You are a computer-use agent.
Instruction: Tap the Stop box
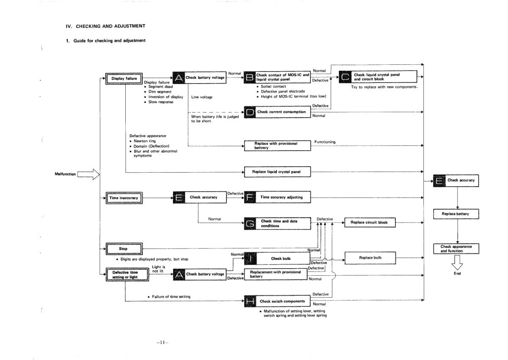pyautogui.click(x=123, y=249)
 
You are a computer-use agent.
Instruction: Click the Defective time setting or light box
pyautogui.click(x=125, y=275)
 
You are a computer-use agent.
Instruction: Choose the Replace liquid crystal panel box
pyautogui.click(x=277, y=172)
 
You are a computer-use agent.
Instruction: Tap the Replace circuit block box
pyautogui.click(x=370, y=222)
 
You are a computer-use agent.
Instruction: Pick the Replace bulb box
pyautogui.click(x=370, y=257)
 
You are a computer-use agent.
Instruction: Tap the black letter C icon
pyautogui.click(x=345, y=77)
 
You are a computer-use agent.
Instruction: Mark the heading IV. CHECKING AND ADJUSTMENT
pyautogui.click(x=105, y=26)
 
